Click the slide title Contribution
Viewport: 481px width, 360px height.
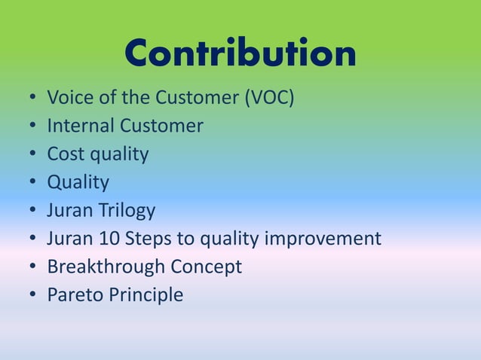(240, 54)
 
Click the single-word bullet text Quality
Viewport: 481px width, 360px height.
(78, 183)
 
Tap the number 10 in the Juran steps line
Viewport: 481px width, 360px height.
(105, 239)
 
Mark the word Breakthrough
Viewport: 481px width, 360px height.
(106, 267)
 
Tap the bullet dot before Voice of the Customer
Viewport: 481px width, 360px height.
(33, 99)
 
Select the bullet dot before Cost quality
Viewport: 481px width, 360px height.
(33, 155)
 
